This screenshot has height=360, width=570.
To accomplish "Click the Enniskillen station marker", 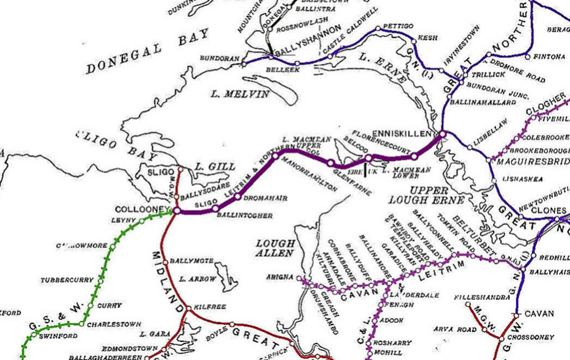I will coord(443,134).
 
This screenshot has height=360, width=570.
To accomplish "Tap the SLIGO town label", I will coord(161,172).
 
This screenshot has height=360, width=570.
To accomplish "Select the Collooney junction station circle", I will coord(177,211).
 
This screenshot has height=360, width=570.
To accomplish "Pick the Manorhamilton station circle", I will coord(275,156).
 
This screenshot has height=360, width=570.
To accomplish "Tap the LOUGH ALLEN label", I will coord(275,248).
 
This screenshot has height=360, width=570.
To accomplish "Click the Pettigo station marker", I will coord(378,29).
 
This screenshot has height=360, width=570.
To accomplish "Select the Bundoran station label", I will coord(219,58).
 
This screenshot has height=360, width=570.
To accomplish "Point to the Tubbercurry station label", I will coord(67,280).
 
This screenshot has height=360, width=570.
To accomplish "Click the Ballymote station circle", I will coord(165,262).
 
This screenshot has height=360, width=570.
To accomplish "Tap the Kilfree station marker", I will coord(189,308).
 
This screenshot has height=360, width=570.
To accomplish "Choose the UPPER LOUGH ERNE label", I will coord(426,195).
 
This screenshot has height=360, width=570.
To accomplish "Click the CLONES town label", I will coord(549,211).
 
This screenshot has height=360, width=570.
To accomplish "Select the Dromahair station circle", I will coord(238,197).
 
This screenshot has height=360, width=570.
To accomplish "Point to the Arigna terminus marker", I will coord(299,278).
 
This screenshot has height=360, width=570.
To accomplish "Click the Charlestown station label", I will coord(114,324).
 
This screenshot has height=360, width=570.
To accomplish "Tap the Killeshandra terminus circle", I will coord(468,304).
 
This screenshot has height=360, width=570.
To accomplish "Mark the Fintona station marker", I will coord(528,57).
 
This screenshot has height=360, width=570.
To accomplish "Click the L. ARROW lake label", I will coord(198,279).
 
